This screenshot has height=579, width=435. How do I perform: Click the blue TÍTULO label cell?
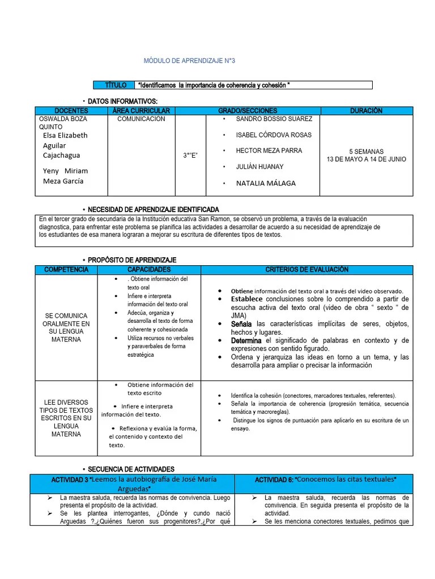[116, 85]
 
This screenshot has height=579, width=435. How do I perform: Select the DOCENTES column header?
[71, 111]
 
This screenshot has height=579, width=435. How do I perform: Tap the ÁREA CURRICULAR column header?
[141, 111]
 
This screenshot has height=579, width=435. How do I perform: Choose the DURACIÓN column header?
[366, 111]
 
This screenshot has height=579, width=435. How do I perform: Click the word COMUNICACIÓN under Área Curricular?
[141, 119]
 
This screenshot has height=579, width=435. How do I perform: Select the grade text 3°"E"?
[190, 155]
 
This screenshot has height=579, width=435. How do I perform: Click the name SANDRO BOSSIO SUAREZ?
[274, 119]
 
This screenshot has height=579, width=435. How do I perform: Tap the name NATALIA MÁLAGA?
[266, 183]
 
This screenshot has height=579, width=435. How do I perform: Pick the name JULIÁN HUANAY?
[259, 167]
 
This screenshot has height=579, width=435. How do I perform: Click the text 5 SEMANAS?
[366, 152]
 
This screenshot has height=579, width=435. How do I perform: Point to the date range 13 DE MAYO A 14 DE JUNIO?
[366, 159]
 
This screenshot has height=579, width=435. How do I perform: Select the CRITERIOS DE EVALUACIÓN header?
[306, 270]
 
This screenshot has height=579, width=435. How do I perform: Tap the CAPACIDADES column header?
[149, 270]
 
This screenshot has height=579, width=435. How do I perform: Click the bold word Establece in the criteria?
[246, 299]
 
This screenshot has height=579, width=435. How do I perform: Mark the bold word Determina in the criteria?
[246, 341]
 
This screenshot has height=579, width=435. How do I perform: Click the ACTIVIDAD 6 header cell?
[325, 479]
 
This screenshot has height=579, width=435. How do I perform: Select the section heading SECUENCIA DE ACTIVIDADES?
[131, 469]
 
